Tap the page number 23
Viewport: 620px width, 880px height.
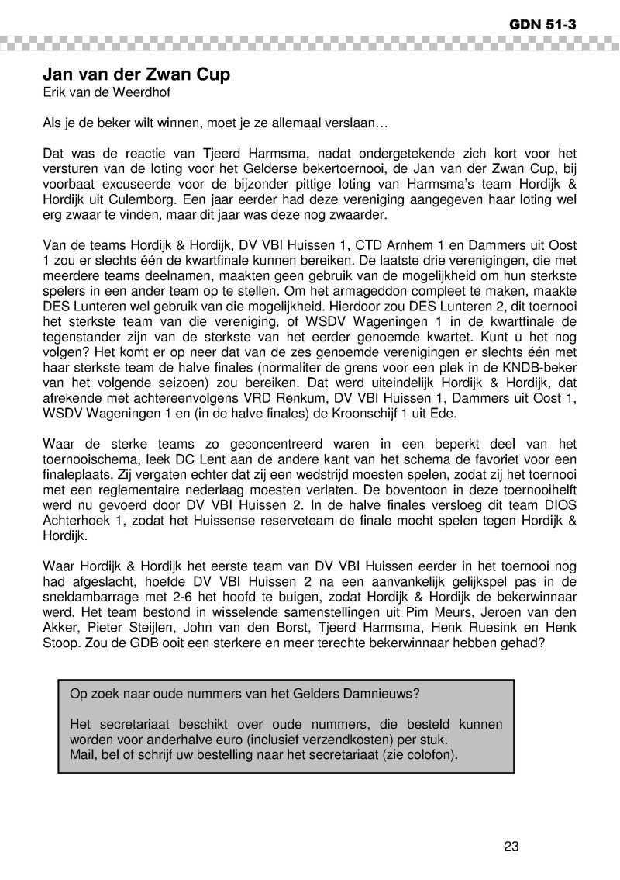coord(511,846)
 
